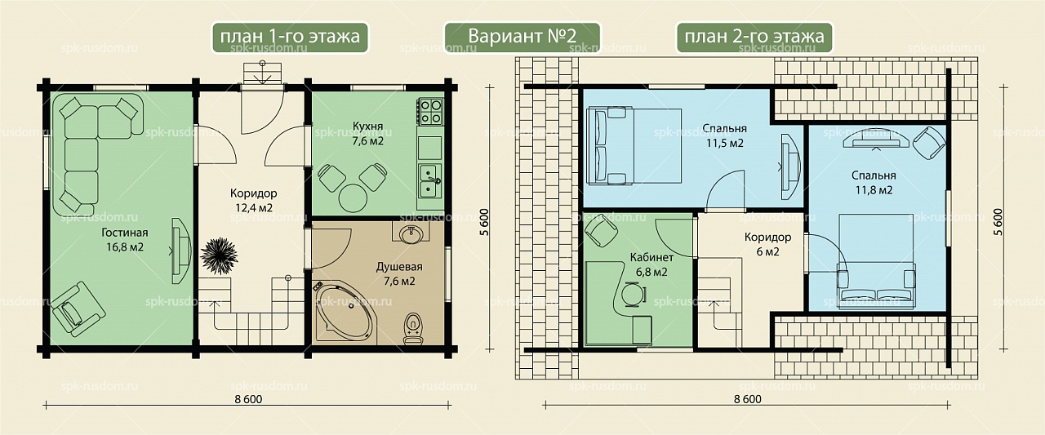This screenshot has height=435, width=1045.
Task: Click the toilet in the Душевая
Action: tap(413, 328)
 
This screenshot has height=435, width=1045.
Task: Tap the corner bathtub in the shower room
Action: tap(344, 313)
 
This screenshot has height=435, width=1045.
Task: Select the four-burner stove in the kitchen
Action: tap(429, 111)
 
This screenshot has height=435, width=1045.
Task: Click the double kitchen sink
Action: tap(429, 180)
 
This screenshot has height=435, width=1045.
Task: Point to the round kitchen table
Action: tap(353, 198)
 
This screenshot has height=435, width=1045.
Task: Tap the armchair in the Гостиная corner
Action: tap(78, 308)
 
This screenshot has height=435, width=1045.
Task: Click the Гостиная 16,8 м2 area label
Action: tap(125, 240)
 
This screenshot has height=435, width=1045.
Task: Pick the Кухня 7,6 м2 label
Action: tap(367, 133)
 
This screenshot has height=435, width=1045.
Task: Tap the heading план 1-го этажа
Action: tap(290, 37)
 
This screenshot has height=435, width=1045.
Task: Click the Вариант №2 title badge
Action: tap(522, 37)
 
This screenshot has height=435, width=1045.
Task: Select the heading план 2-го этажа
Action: tap(754, 37)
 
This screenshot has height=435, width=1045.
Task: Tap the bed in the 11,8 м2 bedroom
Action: tap(876, 260)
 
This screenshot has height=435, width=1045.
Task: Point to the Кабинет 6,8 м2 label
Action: tap(651, 264)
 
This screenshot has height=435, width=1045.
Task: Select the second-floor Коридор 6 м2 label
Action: tap(768, 244)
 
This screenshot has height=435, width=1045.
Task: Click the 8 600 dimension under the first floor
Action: tap(249, 400)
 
